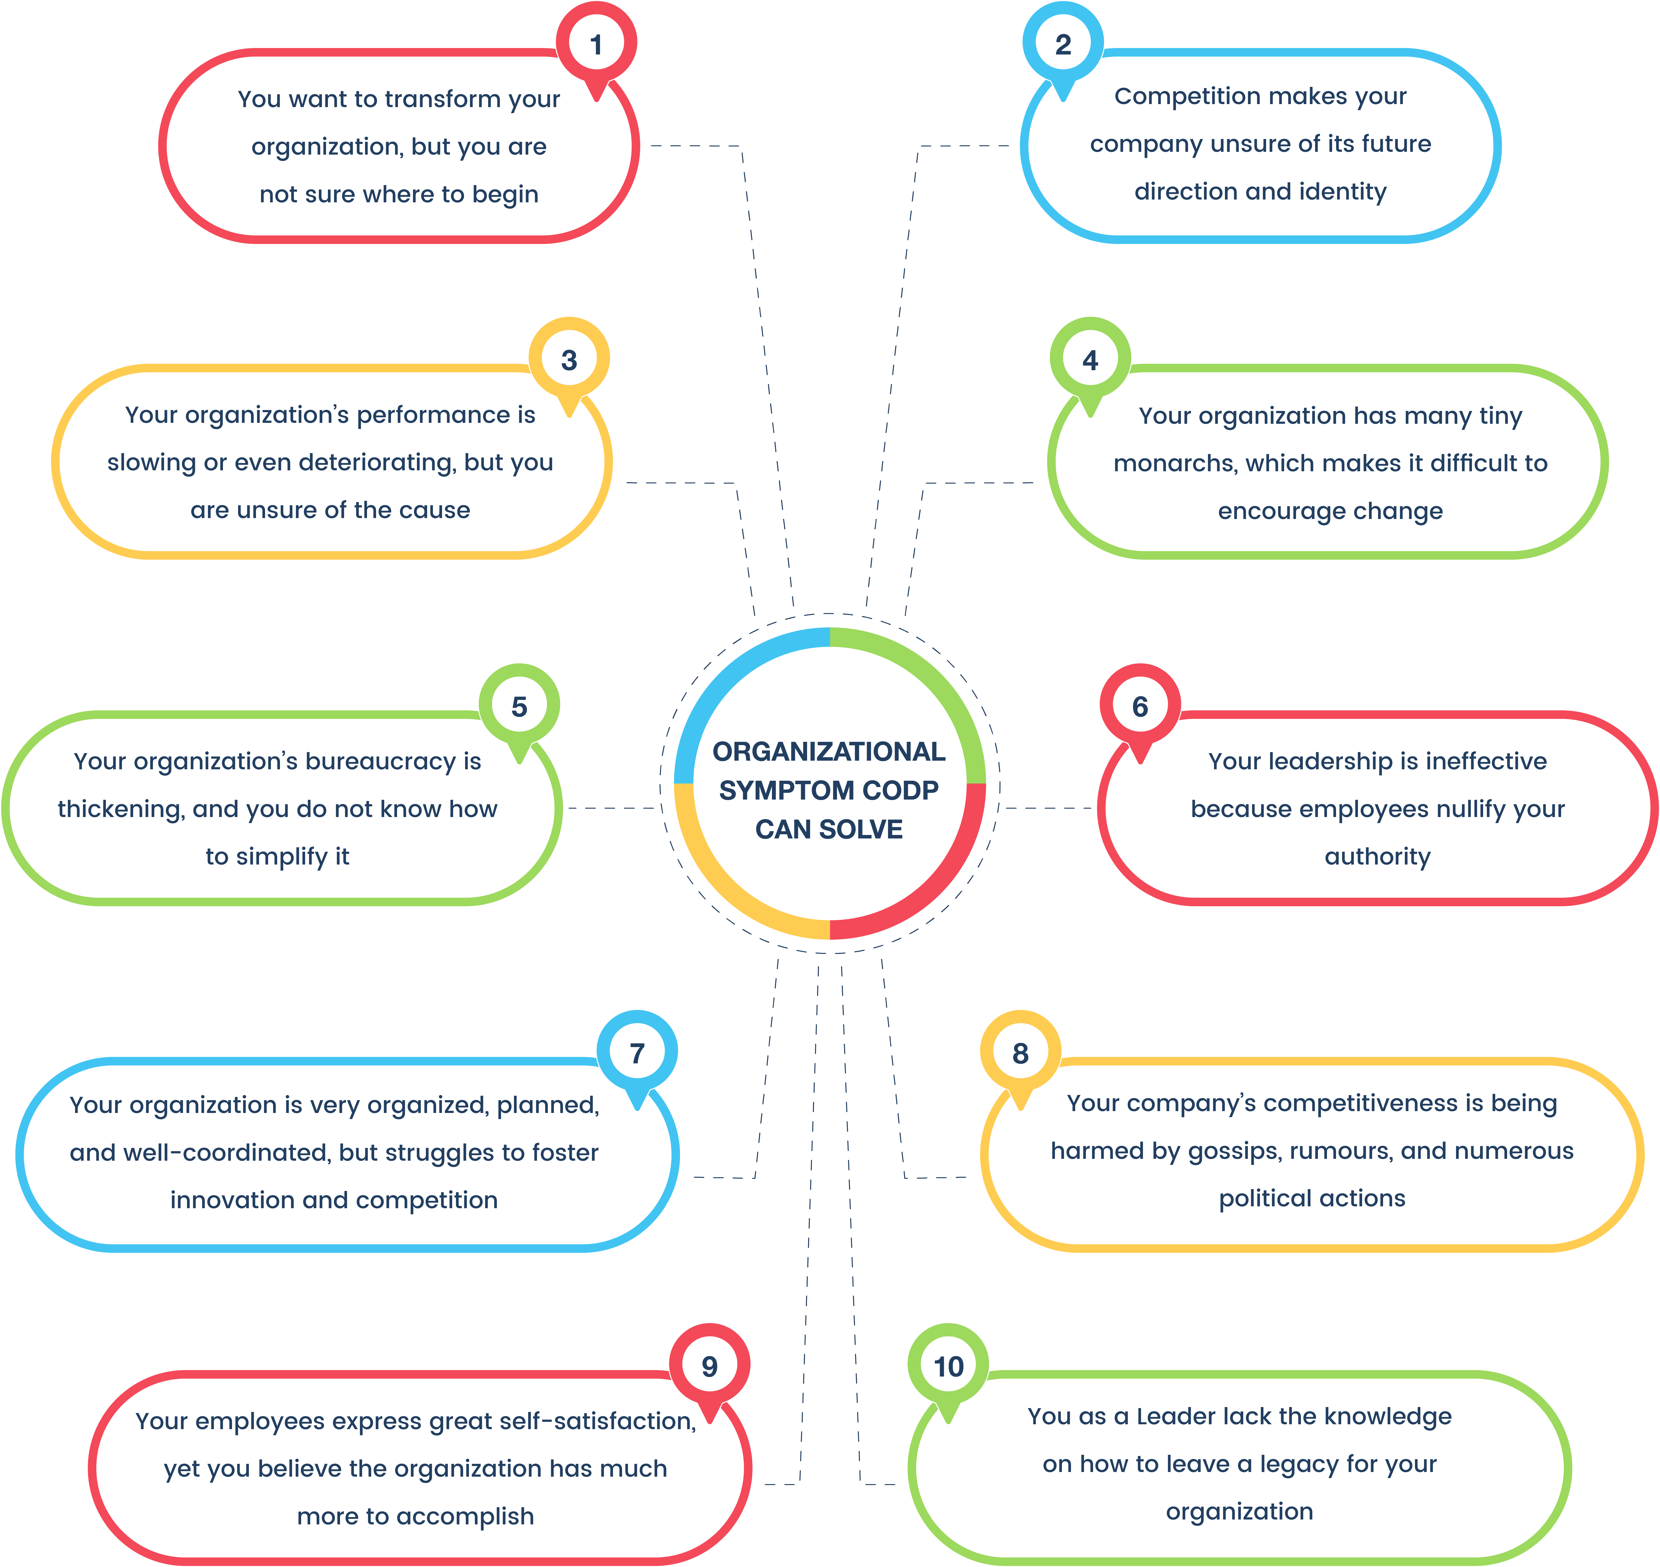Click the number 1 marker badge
tap(596, 44)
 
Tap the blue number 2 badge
tap(1063, 44)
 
